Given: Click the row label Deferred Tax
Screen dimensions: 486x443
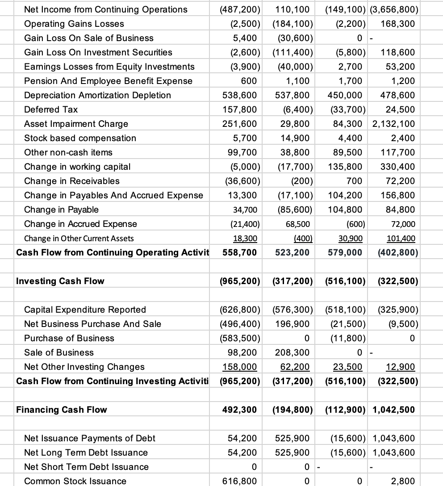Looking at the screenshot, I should tap(51, 109).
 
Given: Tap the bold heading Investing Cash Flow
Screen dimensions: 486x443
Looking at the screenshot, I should tap(60, 281).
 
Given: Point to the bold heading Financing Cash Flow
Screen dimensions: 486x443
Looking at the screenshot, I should tap(61, 410).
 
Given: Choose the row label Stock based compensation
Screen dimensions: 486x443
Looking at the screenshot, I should tap(80, 138).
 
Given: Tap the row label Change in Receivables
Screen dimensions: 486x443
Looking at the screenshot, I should tap(72, 181).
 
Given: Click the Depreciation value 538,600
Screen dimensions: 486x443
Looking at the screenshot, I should tap(240, 95).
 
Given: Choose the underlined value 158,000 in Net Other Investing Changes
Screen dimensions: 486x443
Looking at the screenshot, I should tap(240, 367).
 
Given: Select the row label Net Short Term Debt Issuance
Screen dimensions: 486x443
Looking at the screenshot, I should tap(86, 467).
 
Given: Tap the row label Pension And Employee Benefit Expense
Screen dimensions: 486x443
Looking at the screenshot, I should tap(108, 81).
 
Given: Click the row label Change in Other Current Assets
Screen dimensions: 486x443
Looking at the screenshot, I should tap(79, 238).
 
